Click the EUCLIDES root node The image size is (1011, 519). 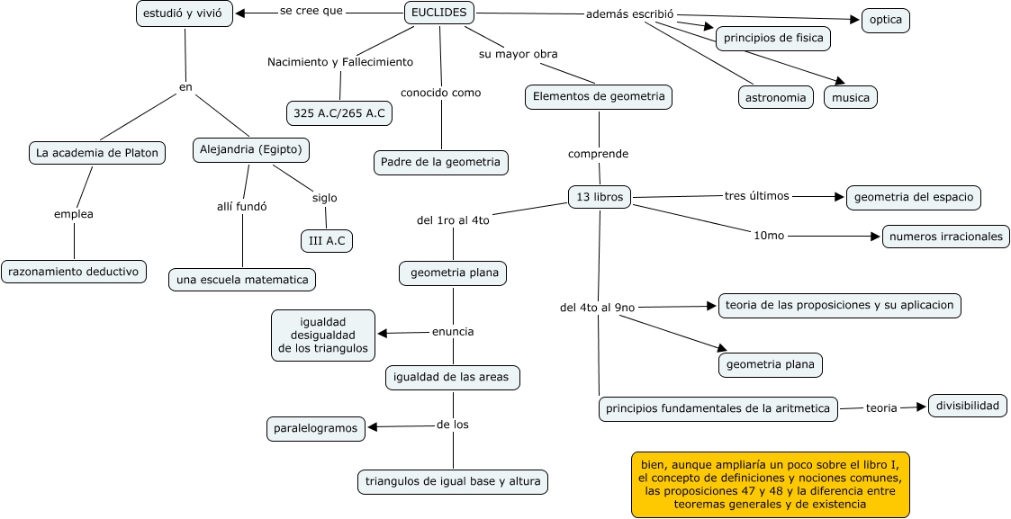click(x=439, y=13)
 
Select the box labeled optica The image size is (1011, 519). click(x=885, y=20)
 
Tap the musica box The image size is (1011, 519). click(x=851, y=97)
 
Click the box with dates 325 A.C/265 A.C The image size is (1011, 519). click(x=339, y=113)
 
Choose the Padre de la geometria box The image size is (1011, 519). click(x=441, y=162)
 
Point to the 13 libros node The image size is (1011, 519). click(x=600, y=197)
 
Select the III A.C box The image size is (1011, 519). click(x=327, y=240)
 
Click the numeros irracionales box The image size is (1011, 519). click(x=945, y=237)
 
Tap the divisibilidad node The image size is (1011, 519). click(x=968, y=406)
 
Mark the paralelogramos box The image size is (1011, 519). click(x=316, y=428)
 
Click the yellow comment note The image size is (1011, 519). click(x=770, y=484)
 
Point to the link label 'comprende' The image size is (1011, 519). click(x=598, y=154)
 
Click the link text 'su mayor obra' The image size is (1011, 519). click(x=518, y=54)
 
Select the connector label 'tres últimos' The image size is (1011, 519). click(x=756, y=196)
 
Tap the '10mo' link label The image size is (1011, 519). click(x=769, y=235)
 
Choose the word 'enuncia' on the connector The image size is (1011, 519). click(x=453, y=331)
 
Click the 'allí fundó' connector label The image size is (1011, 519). click(x=241, y=206)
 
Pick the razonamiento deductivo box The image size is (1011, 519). click(x=74, y=271)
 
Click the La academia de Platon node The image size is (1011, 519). click(x=97, y=153)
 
